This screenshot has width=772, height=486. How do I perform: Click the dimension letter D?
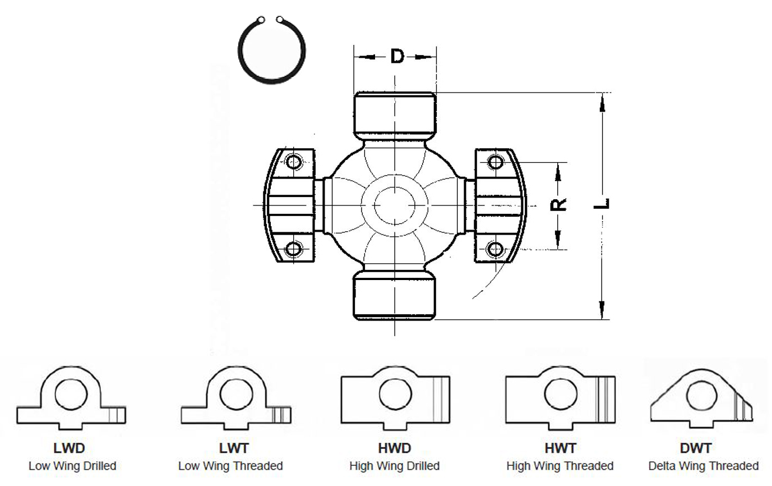coord(397,56)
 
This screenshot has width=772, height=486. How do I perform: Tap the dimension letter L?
coord(602,204)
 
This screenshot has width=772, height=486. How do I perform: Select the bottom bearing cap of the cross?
coord(395,295)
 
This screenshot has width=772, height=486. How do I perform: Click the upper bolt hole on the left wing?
coord(294,162)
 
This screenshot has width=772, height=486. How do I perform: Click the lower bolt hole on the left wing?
coord(294,249)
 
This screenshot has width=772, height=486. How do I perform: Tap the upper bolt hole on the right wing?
coord(496,162)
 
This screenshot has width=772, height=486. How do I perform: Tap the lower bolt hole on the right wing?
coord(496,249)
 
